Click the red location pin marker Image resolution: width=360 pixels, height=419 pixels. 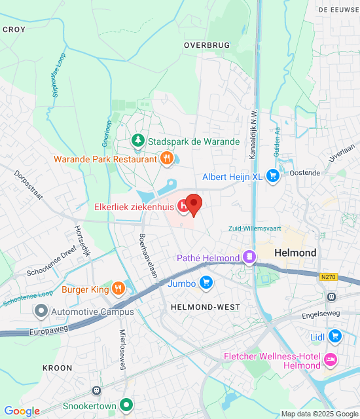coord(193,204)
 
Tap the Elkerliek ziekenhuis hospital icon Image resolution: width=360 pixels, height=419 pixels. coord(185,207)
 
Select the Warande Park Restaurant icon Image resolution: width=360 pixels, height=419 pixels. coord(167,158)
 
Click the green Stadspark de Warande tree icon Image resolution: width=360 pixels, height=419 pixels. coord(138,140)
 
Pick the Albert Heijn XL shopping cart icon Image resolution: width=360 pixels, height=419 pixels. coord(273,177)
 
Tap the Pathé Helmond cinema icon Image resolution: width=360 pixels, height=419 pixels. coord(249,257)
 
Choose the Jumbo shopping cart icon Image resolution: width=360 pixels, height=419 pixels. coord(206,283)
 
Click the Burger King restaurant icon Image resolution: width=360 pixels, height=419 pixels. coord(118,289)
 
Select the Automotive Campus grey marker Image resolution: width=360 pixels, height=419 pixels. coord(42,312)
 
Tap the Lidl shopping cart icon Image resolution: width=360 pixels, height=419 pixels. coord(335,336)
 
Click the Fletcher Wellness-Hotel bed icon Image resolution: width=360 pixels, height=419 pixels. coord(331,360)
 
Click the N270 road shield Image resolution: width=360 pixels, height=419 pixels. coord(329,278)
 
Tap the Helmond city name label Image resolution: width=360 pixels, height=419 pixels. coord(295,253)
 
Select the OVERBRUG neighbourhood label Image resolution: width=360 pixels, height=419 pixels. coord(207,45)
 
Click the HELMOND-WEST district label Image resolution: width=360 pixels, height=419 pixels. coord(196,307)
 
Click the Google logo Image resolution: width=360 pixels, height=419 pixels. coord(22,411)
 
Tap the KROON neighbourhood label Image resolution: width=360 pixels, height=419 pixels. coord(58,368)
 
